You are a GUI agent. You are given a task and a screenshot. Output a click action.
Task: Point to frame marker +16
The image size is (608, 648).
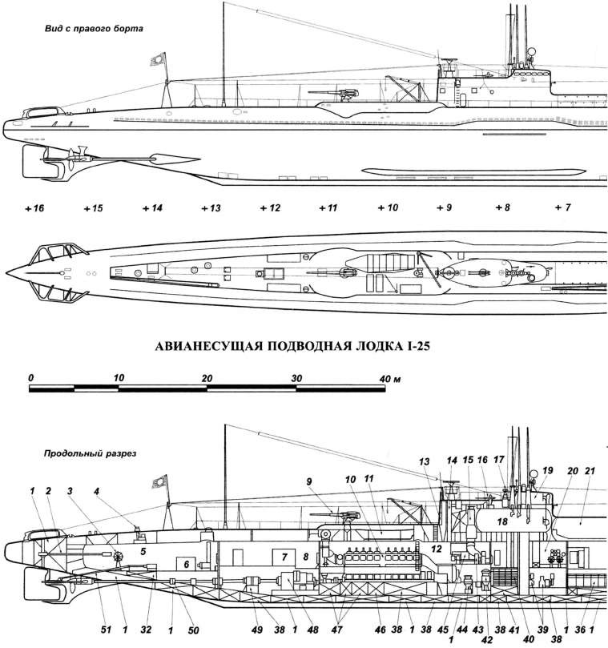coord(34,208)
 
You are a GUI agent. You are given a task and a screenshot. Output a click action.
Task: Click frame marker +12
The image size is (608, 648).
coord(270,208)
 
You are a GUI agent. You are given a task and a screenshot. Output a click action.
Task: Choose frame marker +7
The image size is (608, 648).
coord(562,208)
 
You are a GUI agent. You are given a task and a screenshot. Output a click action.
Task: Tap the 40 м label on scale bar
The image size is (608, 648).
coord(390,377)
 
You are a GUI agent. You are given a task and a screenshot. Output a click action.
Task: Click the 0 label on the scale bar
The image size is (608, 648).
coord(30,377)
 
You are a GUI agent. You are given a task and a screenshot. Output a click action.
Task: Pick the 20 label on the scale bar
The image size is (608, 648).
coord(207,377)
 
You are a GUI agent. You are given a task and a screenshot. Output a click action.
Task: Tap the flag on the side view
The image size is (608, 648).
coord(157,60)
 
